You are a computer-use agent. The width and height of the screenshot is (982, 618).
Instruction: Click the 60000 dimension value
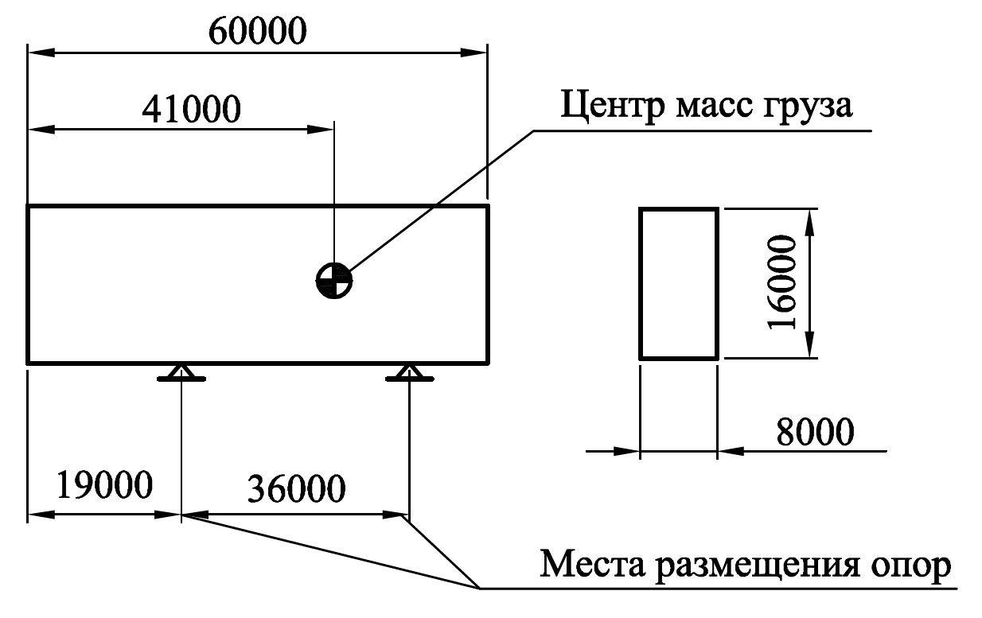point(257,32)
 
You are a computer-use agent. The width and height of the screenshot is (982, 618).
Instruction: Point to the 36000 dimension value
point(296,489)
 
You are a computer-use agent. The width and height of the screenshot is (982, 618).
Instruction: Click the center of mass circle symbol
point(334,280)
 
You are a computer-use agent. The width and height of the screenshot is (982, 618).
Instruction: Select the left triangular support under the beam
point(181,373)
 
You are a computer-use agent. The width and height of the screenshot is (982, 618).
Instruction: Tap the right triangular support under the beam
point(409,373)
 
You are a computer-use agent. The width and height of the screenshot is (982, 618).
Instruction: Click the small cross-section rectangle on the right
point(679,283)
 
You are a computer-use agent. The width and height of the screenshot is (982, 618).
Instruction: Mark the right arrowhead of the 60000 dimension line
point(477,53)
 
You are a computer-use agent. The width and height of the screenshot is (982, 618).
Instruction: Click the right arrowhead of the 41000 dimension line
point(323,127)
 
